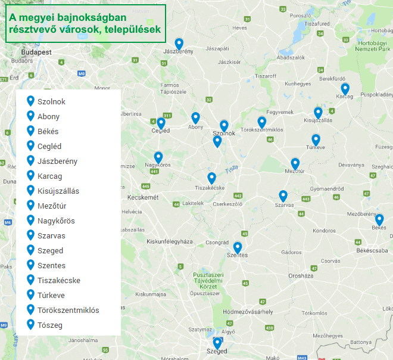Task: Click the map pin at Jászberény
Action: (179, 44)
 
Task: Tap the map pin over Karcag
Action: (345, 89)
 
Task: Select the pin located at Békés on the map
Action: (379, 219)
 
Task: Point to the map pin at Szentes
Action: (238, 247)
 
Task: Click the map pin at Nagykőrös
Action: (158, 157)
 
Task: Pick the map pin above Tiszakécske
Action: (211, 178)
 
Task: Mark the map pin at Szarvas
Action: (283, 196)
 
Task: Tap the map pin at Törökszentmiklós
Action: (261, 122)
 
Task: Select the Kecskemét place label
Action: (143, 197)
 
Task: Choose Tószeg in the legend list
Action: (50, 325)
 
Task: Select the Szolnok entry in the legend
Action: (51, 101)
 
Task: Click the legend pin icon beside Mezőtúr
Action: (31, 205)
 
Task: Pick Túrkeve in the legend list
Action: (51, 295)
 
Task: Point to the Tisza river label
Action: (232, 169)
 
